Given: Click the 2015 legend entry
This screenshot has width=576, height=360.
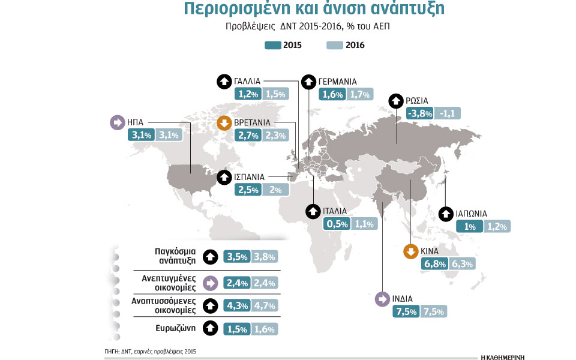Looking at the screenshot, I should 283,45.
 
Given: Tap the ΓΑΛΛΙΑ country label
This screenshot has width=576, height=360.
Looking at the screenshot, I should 247,81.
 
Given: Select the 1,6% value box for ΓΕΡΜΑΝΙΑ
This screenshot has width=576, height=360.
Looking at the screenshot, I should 332,94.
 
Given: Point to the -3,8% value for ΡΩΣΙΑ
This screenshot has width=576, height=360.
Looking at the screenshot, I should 419,113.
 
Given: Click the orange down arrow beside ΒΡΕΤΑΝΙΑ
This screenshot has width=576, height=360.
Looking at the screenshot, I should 224,124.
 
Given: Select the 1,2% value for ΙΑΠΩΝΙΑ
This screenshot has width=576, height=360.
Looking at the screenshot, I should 497,226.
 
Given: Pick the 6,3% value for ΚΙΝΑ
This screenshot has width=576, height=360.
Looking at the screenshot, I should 463,265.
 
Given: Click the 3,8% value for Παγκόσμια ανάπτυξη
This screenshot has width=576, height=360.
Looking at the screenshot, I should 265,257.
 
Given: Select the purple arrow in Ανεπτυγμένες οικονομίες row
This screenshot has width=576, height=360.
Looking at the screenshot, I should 210,282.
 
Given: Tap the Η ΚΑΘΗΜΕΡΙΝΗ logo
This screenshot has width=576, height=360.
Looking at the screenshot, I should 503,355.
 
